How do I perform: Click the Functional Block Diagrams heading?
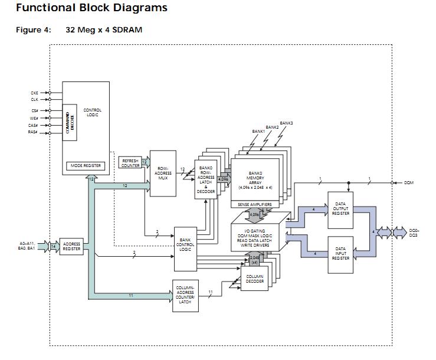pos(91,8)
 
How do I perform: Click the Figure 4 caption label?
pos(33,30)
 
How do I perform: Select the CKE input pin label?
pos(34,93)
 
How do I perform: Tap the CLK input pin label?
pos(34,100)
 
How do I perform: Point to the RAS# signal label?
pos(34,132)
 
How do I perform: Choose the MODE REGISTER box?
pos(86,166)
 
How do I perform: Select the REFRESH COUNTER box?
pos(130,163)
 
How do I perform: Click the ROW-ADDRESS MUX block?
pos(163,174)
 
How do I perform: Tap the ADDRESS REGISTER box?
pos(71,246)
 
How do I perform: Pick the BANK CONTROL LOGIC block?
pos(185,244)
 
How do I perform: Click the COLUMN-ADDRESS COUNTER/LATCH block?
pos(185,294)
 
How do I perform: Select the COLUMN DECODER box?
pos(255,279)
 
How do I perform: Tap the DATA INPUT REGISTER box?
pos(340,253)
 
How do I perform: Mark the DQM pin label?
pos(409,183)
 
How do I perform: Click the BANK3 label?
pos(286,123)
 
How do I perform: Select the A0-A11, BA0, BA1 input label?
pos(28,246)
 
